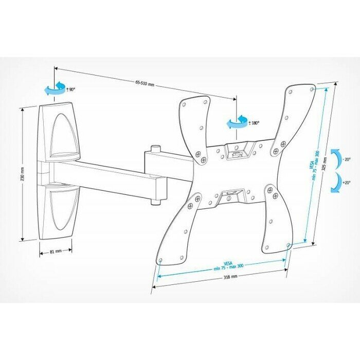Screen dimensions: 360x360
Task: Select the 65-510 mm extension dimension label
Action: [x=145, y=84]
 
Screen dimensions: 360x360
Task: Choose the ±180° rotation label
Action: [x=254, y=123]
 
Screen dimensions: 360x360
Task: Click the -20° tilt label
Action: [x=348, y=159]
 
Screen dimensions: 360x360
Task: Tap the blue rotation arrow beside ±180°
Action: [x=237, y=122]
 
